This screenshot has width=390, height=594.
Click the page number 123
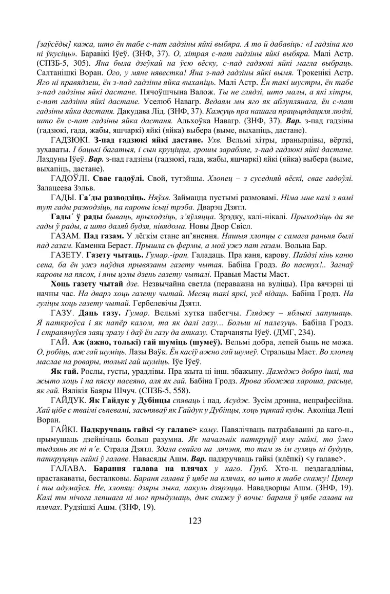194,521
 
